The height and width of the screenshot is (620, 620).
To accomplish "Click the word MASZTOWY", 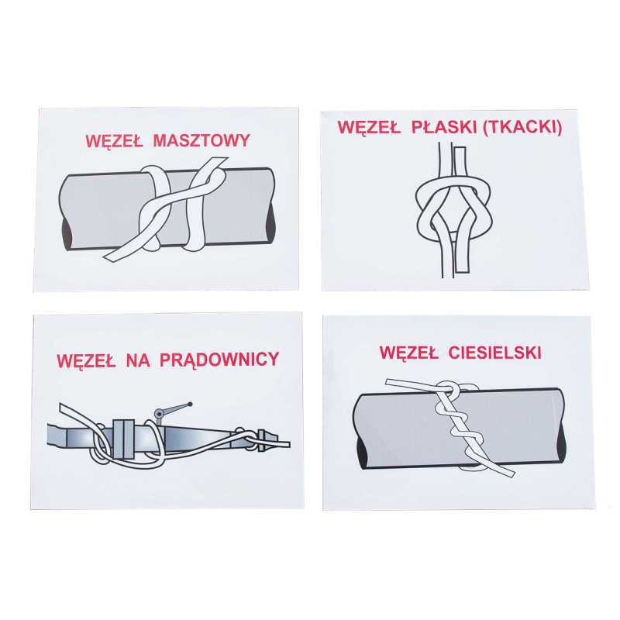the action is (201, 141).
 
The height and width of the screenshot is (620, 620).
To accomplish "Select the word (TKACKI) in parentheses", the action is (522, 127).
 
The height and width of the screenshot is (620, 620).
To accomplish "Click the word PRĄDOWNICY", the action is (219, 360).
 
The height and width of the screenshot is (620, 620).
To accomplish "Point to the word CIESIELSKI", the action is (495, 353).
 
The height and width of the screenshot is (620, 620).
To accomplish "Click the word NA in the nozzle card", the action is (138, 360).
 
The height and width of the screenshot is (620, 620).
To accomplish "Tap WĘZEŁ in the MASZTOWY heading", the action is (114, 142).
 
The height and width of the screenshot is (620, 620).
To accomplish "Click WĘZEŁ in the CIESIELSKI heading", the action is (409, 353).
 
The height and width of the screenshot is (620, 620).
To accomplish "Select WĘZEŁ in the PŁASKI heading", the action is (367, 127).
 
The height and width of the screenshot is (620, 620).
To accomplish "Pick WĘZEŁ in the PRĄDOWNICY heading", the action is (86, 361).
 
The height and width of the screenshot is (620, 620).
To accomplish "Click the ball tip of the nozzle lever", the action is (190, 405).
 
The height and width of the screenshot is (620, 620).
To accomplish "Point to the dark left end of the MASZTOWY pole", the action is (67, 234).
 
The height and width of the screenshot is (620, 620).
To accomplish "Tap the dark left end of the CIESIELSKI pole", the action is (360, 453).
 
